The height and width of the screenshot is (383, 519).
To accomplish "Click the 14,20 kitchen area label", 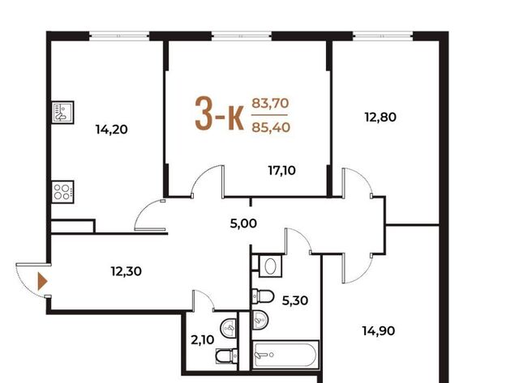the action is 112,130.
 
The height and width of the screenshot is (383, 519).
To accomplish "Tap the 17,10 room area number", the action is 281,171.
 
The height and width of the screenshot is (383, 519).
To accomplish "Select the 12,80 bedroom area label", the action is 380,117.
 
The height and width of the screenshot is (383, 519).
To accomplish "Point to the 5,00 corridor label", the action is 243,223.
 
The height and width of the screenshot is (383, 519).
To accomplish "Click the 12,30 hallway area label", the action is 127,271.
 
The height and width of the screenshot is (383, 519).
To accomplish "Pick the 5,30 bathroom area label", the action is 295,300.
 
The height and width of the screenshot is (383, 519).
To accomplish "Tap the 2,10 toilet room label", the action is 203,340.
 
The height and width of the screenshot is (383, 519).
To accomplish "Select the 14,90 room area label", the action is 379,331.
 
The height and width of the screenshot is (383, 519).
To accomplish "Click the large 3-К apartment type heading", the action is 220,114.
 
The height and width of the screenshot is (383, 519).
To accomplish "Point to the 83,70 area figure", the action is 270,104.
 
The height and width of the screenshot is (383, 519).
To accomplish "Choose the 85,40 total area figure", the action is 271,127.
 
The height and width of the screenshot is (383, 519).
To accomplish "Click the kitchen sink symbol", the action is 63,113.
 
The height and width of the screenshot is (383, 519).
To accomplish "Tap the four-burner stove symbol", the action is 63,192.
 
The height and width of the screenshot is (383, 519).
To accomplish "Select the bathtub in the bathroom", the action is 285,355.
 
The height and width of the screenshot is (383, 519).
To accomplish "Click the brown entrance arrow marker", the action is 43,282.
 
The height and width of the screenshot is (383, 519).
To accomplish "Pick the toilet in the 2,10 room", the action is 227,356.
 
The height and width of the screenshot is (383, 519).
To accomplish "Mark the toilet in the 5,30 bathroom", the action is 263,296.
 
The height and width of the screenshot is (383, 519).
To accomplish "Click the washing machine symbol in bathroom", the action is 270,266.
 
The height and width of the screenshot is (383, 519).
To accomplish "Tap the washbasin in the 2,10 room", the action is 229,329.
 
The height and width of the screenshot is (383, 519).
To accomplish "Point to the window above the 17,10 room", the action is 242,36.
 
